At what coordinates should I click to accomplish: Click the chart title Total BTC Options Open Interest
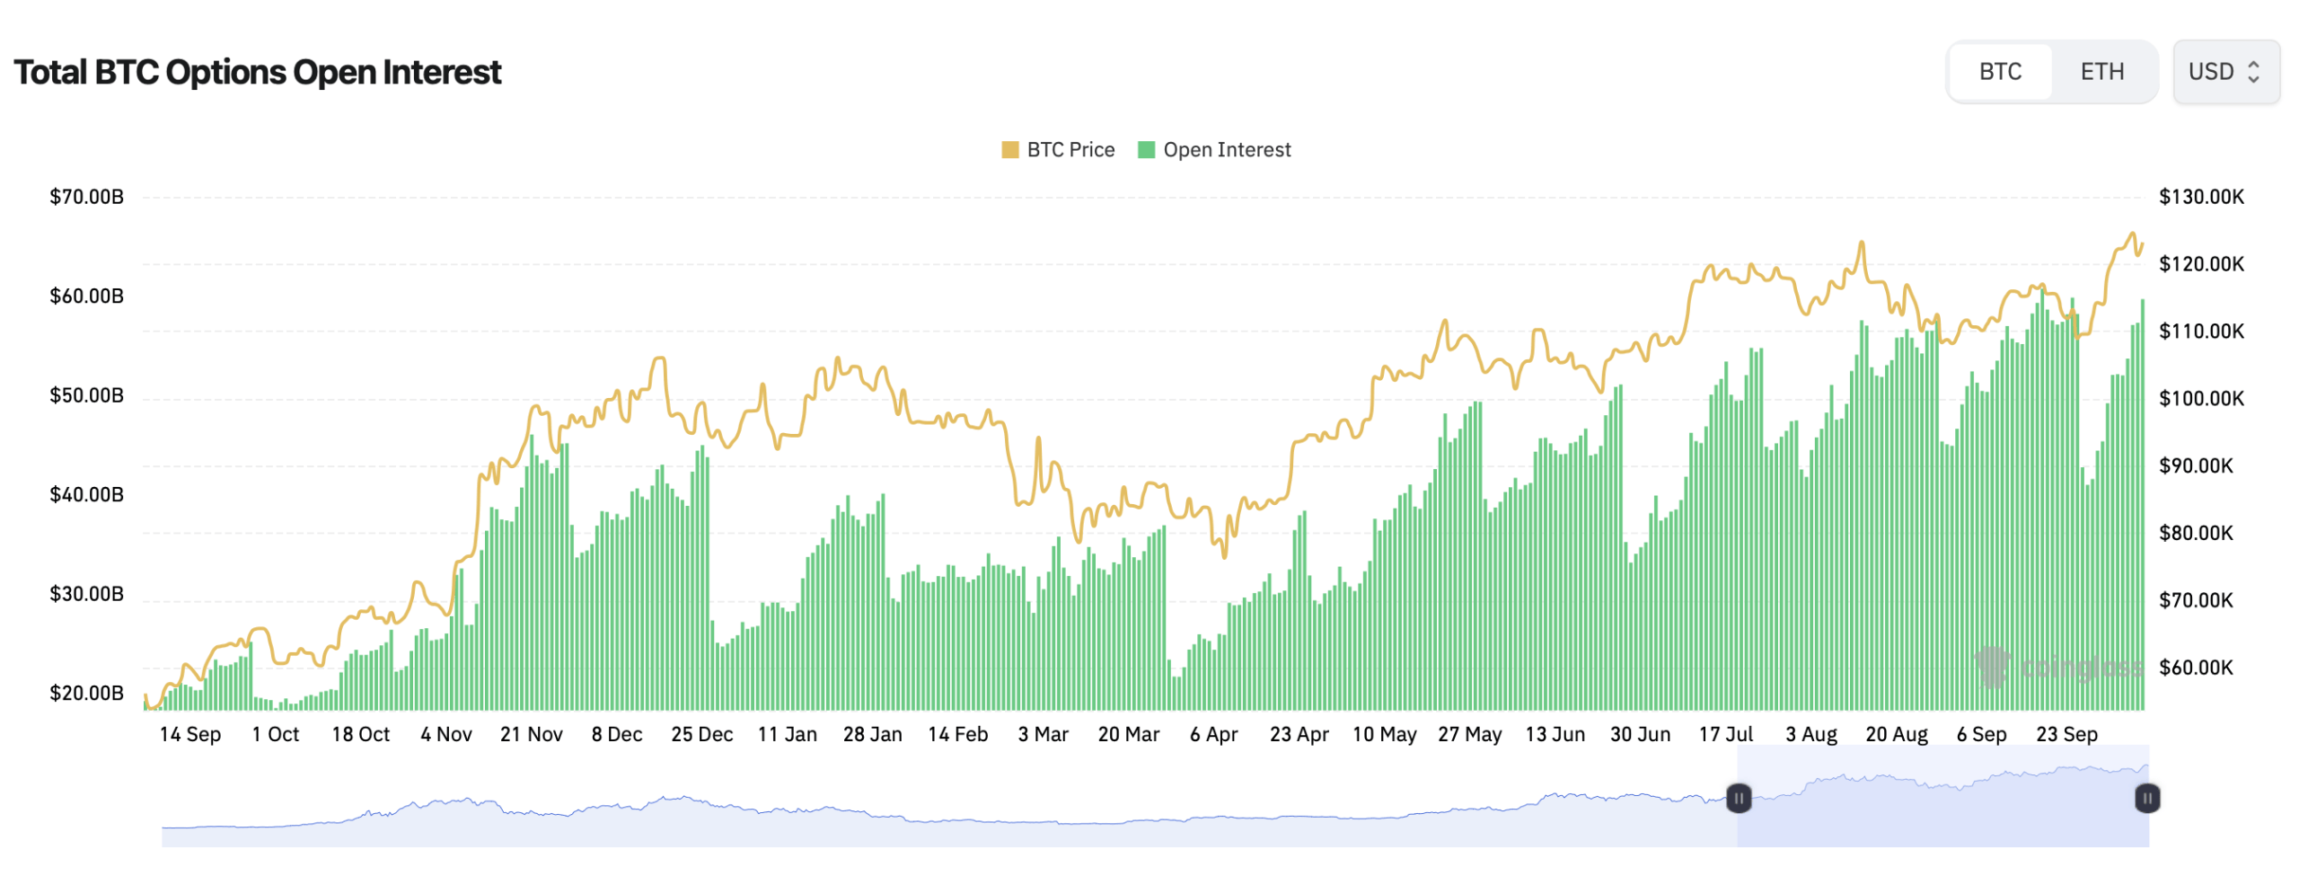coord(257,72)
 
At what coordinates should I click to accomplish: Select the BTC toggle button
coord(1999,72)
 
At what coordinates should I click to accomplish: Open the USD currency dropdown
coord(2224,72)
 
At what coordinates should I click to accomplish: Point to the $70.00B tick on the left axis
coord(86,197)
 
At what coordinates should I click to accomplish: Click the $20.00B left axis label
coord(86,693)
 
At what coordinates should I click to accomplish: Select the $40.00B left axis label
coord(86,494)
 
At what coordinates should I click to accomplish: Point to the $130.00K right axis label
coord(2199,197)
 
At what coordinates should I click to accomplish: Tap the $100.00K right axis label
coord(2199,398)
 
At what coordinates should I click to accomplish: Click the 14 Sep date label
coord(189,734)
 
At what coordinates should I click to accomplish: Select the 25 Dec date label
coord(701,734)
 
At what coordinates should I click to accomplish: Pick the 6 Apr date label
coord(1212,734)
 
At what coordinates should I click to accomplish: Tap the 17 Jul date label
coord(1724,734)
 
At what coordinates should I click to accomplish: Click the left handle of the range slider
coord(1738,798)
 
